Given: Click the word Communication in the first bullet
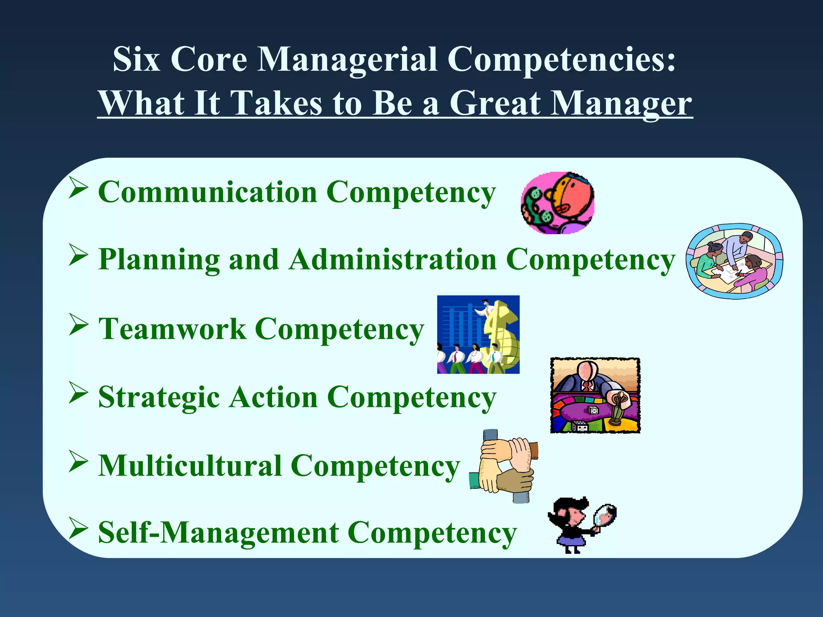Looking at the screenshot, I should tap(207, 192).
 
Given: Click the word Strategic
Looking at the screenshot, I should tap(159, 398).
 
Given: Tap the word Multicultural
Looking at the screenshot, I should tap(190, 466).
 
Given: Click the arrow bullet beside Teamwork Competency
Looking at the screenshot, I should tap(78, 325).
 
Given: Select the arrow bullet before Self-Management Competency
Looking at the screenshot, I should tap(78, 529).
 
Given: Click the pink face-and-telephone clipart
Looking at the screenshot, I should tap(557, 203).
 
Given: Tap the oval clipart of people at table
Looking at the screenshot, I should tap(734, 261).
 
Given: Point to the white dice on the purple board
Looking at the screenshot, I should tap(593, 410).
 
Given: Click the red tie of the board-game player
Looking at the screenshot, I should tap(587, 386).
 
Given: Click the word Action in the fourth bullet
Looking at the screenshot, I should tap(273, 398).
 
